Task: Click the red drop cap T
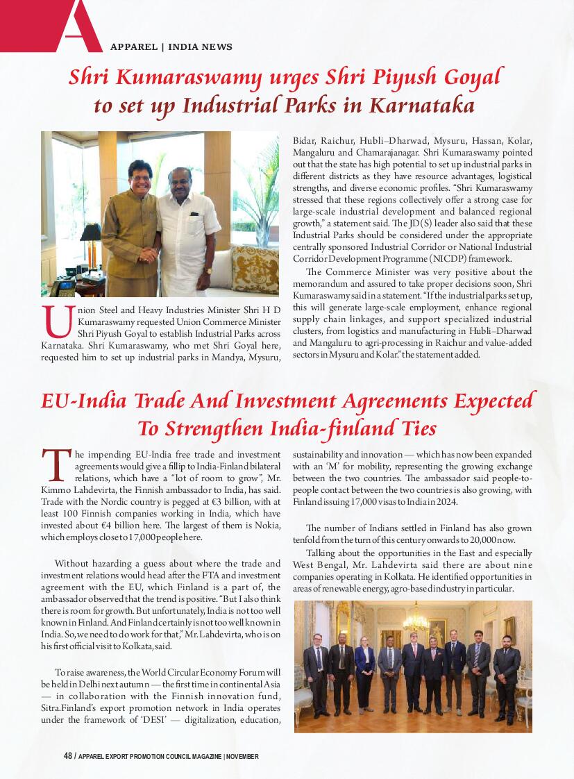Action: coord(55,465)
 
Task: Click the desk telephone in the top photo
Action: coord(63,287)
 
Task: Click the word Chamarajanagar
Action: coord(383,152)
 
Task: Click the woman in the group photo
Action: coord(364,673)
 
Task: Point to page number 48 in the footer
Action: coord(68,756)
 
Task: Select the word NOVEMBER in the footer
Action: coord(242,756)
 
